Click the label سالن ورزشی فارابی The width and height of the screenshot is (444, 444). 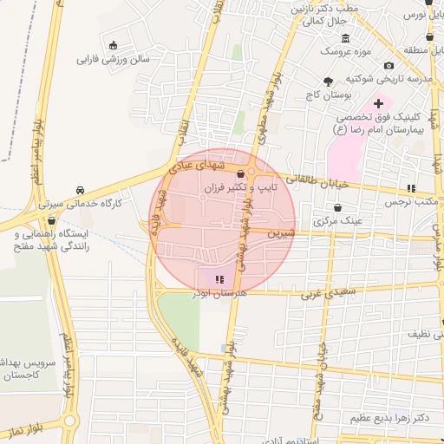(x=114, y=60)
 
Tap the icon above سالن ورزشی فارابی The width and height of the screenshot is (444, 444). (x=113, y=45)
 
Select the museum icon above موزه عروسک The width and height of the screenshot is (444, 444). (x=346, y=38)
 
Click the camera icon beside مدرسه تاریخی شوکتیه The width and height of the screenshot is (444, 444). (x=388, y=66)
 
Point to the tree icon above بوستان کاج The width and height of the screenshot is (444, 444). (x=328, y=81)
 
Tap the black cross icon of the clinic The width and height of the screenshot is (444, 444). (x=378, y=103)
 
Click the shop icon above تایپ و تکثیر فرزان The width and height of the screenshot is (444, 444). (x=239, y=174)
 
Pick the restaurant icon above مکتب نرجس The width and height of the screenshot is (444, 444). (x=411, y=188)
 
